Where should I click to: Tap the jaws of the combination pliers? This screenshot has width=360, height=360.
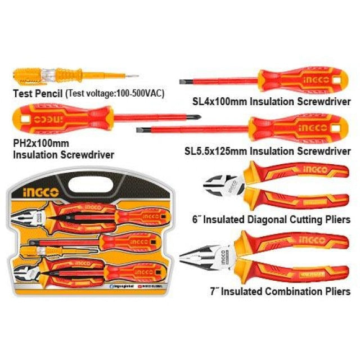(197, 258)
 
